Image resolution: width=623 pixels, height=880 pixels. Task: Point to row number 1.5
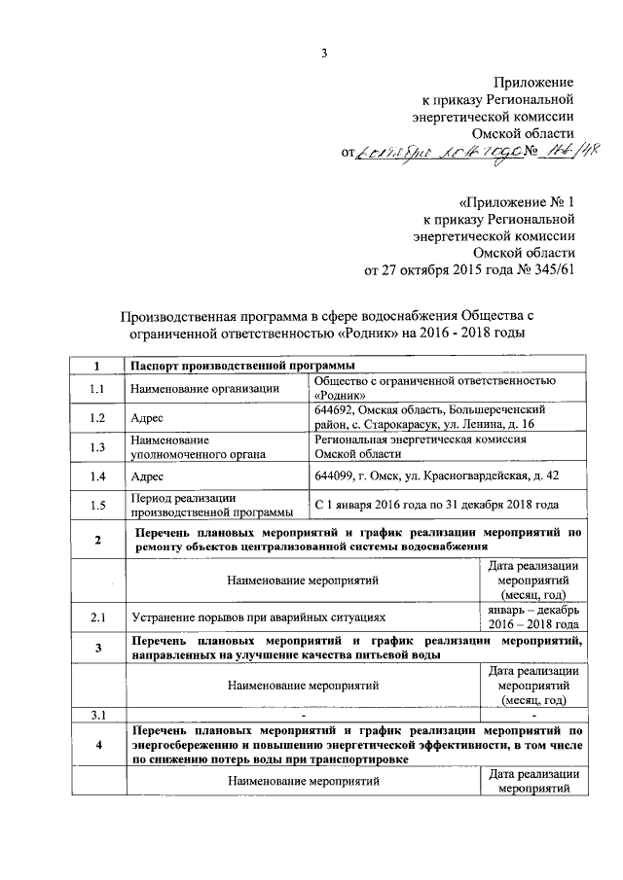point(96,506)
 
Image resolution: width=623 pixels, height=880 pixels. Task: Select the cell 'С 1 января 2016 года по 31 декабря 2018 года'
point(437,506)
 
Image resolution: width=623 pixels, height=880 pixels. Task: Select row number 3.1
point(96,715)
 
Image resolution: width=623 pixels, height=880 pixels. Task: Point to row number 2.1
point(96,616)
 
